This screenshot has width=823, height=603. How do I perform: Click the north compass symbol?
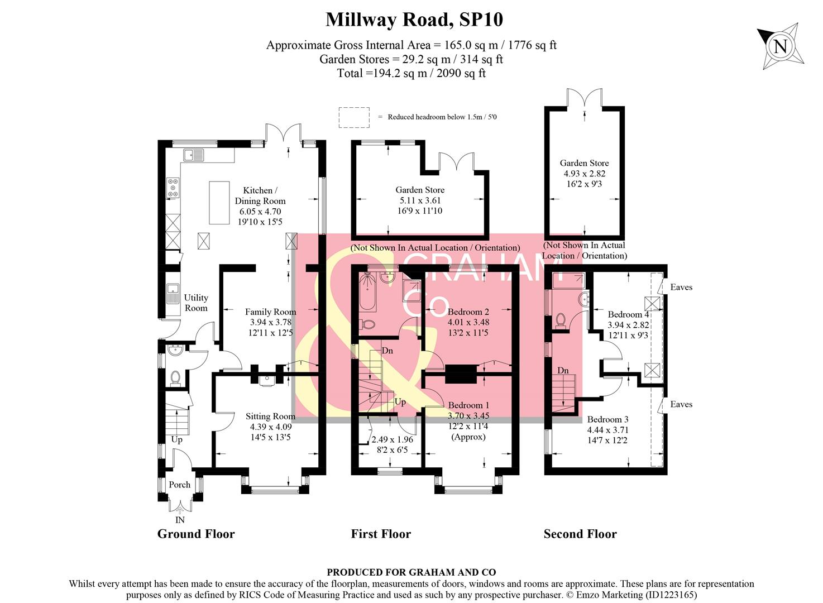click(781, 46)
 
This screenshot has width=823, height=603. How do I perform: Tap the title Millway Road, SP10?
click(414, 20)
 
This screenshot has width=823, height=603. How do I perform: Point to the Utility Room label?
click(196, 303)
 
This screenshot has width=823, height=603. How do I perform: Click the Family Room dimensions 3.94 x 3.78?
click(270, 322)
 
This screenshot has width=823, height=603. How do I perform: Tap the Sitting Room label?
click(270, 416)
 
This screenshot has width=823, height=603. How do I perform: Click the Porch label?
click(179, 485)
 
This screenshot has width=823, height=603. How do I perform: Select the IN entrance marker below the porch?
click(180, 520)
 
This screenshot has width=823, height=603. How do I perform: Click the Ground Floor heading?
click(196, 534)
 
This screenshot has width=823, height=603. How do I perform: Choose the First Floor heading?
click(381, 534)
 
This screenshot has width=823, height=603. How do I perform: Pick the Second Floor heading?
click(580, 534)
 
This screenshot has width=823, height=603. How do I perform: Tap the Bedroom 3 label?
click(607, 419)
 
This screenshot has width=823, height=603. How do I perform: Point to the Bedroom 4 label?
click(628, 314)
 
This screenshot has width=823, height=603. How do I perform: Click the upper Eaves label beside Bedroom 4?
click(681, 287)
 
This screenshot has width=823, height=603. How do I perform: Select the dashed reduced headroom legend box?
click(354, 117)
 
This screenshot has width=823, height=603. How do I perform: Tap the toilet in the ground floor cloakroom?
click(175, 378)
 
